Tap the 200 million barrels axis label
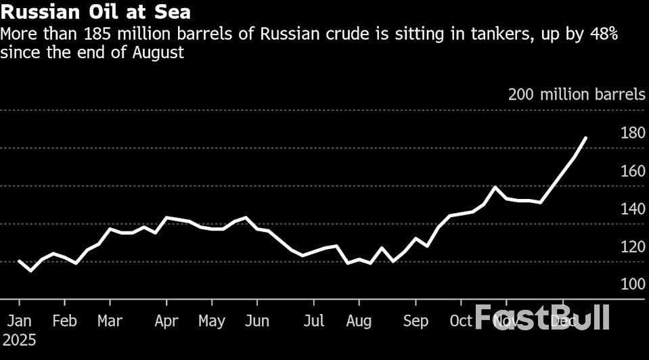[577, 95]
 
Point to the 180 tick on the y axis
[633, 133]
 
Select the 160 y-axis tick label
[633, 171]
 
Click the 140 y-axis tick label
[633, 209]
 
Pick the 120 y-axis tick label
[633, 247]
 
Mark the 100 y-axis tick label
[633, 285]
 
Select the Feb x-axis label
[64, 321]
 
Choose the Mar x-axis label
[109, 321]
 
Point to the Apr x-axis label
[166, 321]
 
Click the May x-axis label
[212, 321]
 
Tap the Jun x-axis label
[256, 321]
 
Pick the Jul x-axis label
[313, 321]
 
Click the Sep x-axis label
[416, 321]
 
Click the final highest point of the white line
[585, 137]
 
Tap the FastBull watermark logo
[542, 317]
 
